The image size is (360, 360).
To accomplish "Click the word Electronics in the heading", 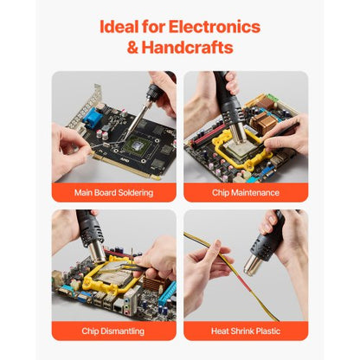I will coord(209,26).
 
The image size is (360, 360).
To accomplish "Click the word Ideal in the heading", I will coord(123,26).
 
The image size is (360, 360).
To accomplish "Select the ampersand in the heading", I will coord(132,48).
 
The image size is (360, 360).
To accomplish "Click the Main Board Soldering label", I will coord(113,192).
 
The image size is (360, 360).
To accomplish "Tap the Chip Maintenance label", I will coord(246,192).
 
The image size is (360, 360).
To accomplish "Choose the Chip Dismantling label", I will coord(113,331).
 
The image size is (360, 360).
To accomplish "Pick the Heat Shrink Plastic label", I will coord(246,331).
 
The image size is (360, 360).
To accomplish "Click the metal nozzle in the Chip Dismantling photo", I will coord(98,254).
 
